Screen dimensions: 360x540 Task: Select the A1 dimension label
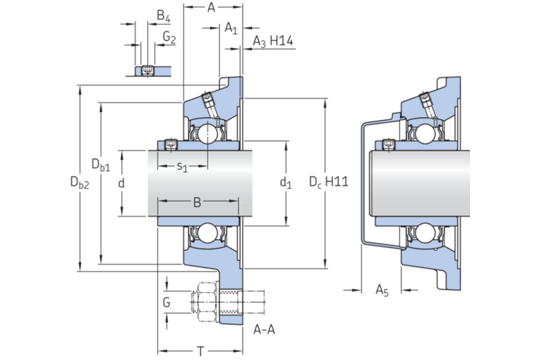coord(230,28)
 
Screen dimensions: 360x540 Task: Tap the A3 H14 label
coord(274,43)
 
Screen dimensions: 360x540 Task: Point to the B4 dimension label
coord(164,16)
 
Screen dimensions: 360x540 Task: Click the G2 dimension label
coord(169,36)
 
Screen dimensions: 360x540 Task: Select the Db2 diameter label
coord(79,183)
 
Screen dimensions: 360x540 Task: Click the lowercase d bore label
coord(121,184)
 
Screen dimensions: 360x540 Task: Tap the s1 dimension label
coord(182,167)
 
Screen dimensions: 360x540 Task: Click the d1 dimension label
coord(286,184)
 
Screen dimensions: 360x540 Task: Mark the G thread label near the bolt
coord(166,302)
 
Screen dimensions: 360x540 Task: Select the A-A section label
coord(266,329)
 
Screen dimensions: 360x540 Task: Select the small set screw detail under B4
coord(148,70)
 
